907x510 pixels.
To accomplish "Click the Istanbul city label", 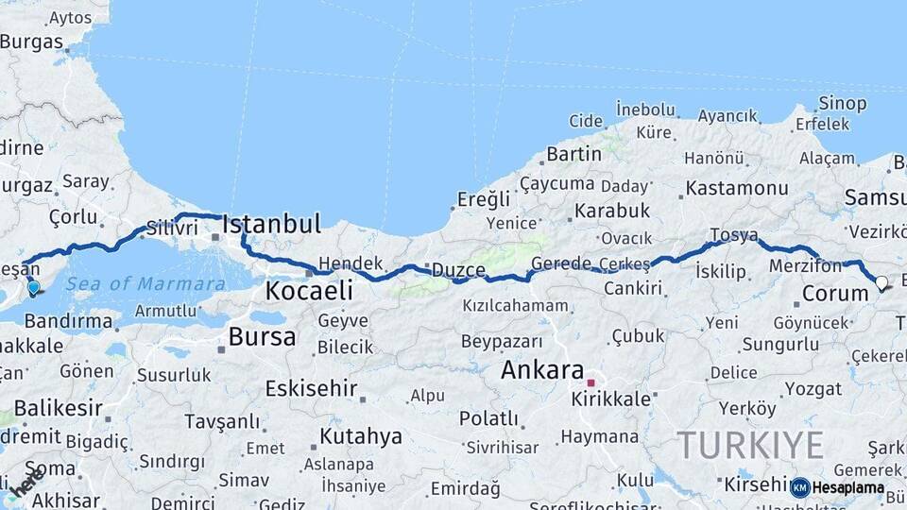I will point(271,225).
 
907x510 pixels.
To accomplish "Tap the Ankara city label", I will point(541,369).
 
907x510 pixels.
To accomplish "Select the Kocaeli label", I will point(309,290).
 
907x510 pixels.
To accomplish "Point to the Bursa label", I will point(262,336).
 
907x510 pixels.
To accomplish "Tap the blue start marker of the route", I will point(34,287).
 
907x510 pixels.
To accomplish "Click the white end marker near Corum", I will point(881,282).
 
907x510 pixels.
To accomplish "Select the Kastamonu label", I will point(736,187).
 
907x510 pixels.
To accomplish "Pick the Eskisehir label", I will point(311,387).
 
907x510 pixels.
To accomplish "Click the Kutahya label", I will point(361,436).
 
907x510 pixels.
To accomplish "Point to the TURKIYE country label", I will point(749,445).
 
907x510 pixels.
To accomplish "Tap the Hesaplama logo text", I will point(847,488).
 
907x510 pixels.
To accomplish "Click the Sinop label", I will point(843,103).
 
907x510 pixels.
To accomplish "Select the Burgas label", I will point(31,42).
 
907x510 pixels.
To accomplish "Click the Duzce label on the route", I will point(458,270).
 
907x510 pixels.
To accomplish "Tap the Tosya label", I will point(733,234).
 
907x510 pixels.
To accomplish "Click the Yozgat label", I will point(786,388).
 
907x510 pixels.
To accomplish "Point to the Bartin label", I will point(573,153).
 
